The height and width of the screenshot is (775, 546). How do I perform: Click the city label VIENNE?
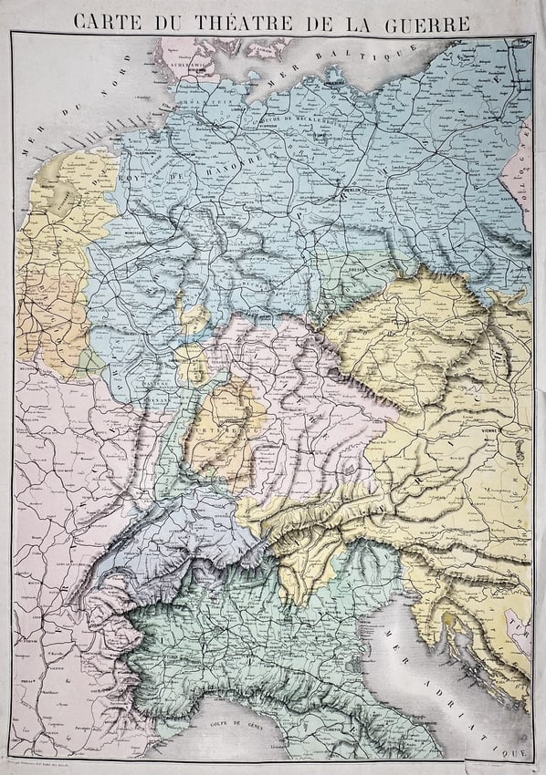click(489, 429)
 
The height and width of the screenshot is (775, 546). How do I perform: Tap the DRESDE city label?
click(357, 272)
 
